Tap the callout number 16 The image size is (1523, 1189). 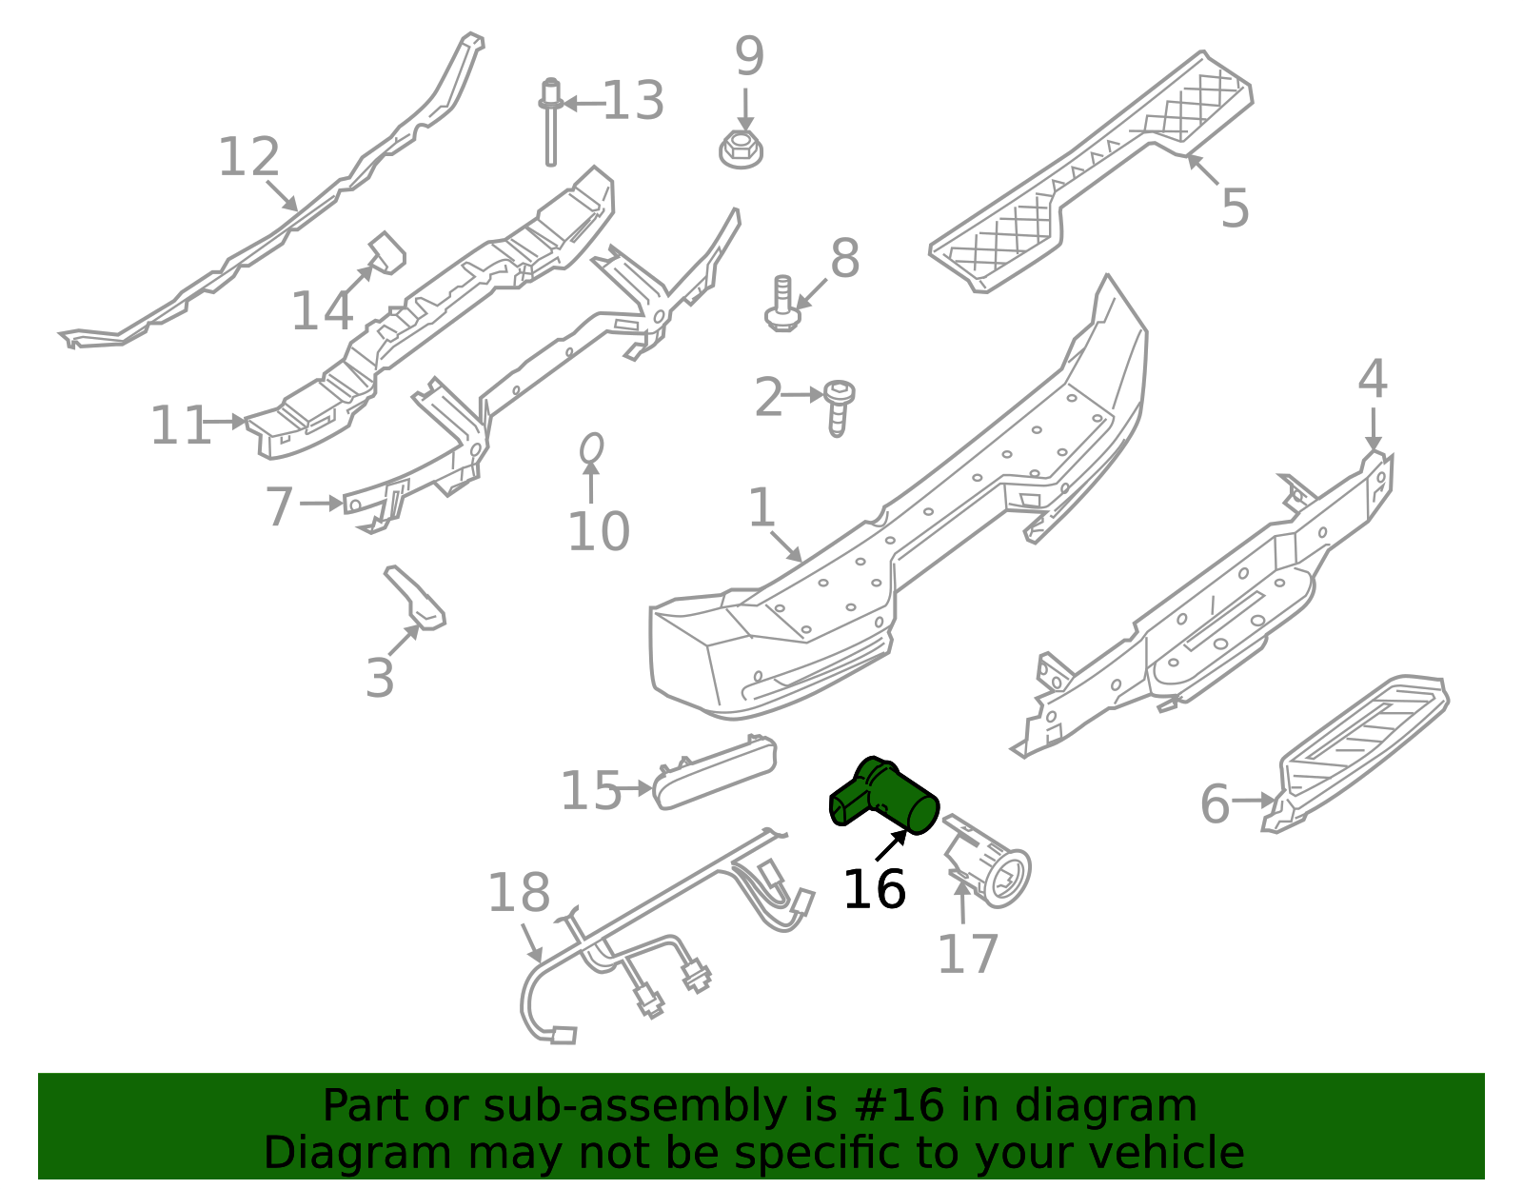point(875,889)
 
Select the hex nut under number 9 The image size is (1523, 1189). point(741,149)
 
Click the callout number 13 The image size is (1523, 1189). point(633,100)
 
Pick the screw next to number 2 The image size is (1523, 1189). point(839,407)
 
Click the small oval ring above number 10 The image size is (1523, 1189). point(591,447)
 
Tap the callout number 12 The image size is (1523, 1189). point(248,156)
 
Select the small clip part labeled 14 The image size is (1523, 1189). point(386,253)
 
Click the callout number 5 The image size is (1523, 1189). point(1235,208)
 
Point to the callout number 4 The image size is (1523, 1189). point(1373,379)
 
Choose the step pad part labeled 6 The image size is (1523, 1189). point(1356,752)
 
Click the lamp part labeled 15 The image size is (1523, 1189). point(715,773)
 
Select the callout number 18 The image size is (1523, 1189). point(519,893)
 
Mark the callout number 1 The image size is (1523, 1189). point(761,507)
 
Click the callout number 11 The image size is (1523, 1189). point(181,425)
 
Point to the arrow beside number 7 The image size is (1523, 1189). point(321,503)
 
